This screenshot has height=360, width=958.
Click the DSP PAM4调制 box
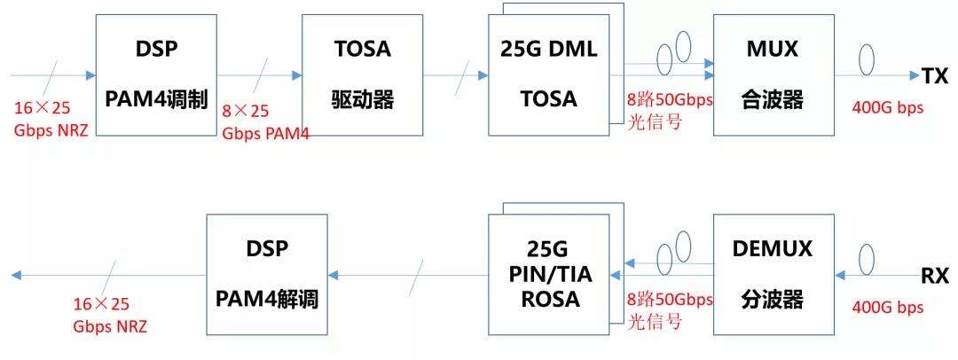click(156, 75)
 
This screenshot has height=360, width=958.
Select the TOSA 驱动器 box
click(362, 75)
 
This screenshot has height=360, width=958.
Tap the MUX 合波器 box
click(773, 75)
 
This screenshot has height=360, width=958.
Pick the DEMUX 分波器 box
click(773, 274)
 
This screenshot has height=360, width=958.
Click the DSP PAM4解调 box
click(266, 274)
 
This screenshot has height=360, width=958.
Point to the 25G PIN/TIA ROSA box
click(549, 274)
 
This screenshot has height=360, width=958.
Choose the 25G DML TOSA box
click(549, 75)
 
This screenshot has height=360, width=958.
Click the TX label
click(935, 75)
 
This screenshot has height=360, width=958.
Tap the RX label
click(935, 276)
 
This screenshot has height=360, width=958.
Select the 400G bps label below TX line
click(887, 107)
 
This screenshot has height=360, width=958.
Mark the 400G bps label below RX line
click(887, 306)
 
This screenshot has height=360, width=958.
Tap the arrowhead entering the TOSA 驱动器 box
click(297, 75)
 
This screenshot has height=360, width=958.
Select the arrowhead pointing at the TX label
click(915, 75)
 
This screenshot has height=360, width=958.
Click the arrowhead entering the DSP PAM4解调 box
click(333, 275)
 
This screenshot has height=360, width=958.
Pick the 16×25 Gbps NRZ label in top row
click(52, 120)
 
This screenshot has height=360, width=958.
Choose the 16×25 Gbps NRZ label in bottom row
click(111, 315)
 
